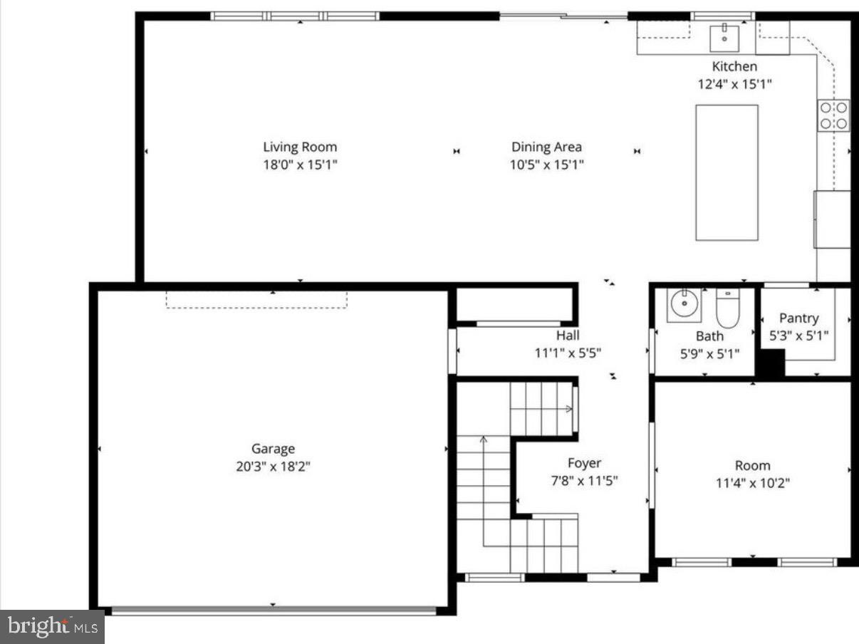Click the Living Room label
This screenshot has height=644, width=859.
(x=300, y=147)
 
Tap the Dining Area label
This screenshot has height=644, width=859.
(x=546, y=147)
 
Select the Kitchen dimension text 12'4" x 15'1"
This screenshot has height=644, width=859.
(x=734, y=83)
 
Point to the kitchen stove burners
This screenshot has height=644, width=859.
(x=833, y=115)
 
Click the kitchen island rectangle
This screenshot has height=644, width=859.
(x=727, y=172)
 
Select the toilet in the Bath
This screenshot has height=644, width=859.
(x=728, y=308)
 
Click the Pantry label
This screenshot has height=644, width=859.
(x=798, y=318)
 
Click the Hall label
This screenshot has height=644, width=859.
(x=568, y=336)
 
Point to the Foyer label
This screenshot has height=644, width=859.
(x=584, y=464)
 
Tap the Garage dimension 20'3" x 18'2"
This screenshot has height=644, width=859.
(x=273, y=467)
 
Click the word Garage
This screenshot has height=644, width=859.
(x=273, y=449)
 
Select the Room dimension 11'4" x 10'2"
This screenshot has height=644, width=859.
(x=752, y=483)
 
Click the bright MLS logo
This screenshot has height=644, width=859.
(x=52, y=627)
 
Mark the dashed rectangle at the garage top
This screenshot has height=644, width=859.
(x=256, y=299)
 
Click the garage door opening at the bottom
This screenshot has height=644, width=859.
(x=274, y=611)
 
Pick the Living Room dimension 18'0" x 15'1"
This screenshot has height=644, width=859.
(x=300, y=165)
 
